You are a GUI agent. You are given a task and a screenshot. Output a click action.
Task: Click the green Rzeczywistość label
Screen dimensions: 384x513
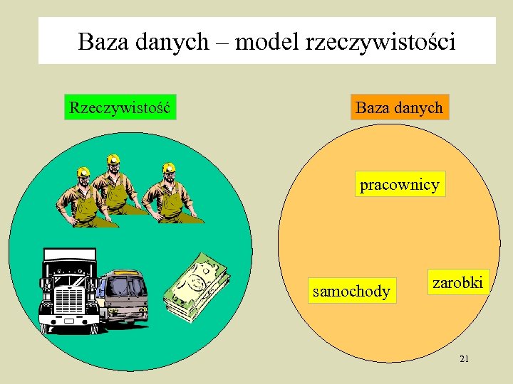coord(120,107)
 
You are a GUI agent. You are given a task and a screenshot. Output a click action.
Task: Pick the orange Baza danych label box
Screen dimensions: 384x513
coord(399,107)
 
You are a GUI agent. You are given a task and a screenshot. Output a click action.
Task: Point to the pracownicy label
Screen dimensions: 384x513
coord(400,184)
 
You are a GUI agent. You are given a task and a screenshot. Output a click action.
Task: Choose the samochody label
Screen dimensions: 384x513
coord(352,292)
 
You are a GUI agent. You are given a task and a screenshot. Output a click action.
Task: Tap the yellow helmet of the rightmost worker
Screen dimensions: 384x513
coord(169,169)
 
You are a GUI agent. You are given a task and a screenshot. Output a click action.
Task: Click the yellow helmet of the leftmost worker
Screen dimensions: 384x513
coord(83,172)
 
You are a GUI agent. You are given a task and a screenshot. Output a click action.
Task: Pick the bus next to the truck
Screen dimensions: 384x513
coord(125,297)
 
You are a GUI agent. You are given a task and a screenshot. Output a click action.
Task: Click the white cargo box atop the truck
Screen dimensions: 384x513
coord(68,254)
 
